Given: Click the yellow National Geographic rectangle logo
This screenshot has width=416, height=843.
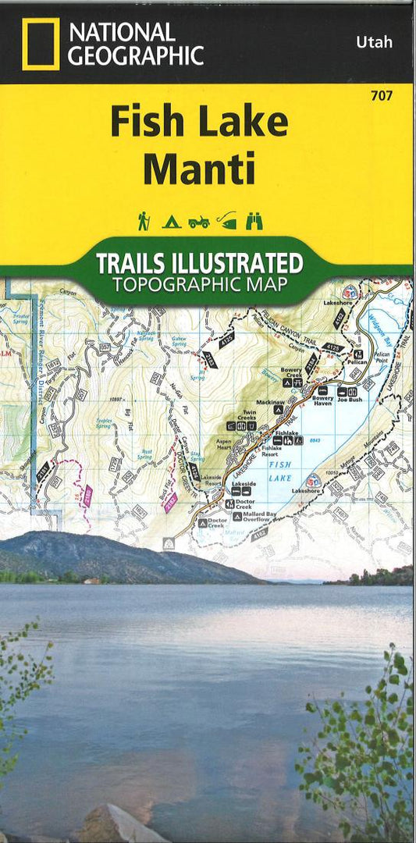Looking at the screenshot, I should [x=41, y=44].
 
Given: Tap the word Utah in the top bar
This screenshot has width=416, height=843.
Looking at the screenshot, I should [x=374, y=42].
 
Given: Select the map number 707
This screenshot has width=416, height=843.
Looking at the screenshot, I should [x=382, y=95].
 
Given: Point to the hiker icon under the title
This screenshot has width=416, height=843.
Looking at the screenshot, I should [x=144, y=222].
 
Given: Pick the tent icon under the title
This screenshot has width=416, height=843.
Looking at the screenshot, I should [x=171, y=222].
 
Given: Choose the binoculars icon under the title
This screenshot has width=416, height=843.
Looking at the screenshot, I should [x=254, y=222].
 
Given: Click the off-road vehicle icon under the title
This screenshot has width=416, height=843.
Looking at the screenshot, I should [x=198, y=222].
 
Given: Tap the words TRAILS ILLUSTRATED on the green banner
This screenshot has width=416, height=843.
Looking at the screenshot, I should [x=198, y=262].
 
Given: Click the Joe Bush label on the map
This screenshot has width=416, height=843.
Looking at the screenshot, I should [x=350, y=399].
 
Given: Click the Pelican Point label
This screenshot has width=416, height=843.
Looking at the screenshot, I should [x=382, y=357].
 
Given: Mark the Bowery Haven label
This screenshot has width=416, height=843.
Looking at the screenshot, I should [x=322, y=401].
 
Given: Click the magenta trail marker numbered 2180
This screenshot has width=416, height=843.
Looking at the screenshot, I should [x=87, y=494].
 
